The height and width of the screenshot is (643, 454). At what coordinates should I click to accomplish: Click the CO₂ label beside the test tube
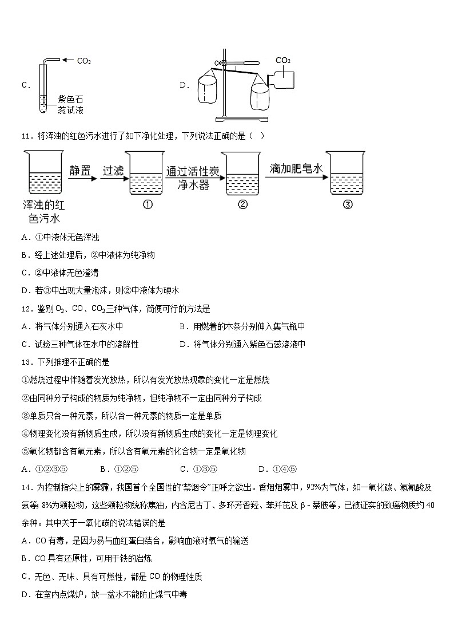(x=83, y=60)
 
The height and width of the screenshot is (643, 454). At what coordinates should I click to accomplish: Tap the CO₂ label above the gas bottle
(x=283, y=60)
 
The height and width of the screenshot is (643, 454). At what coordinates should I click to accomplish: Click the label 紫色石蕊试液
(x=70, y=105)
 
